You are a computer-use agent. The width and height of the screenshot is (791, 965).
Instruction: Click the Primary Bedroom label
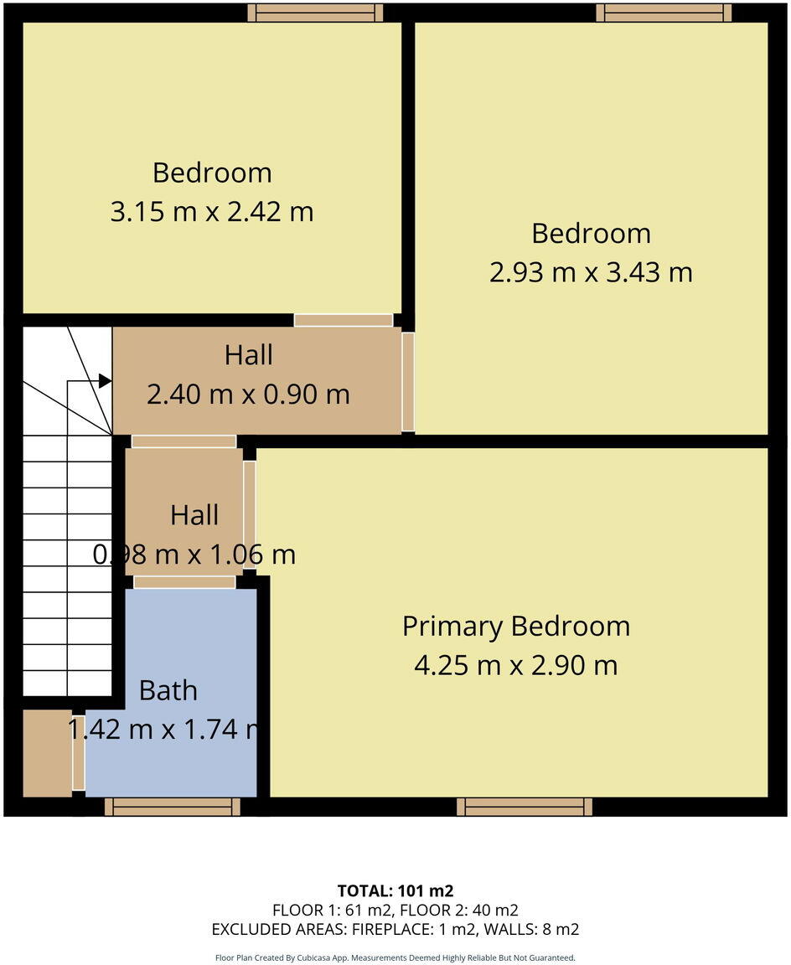tap(515, 627)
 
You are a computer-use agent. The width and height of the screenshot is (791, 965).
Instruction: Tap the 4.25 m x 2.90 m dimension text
tap(515, 666)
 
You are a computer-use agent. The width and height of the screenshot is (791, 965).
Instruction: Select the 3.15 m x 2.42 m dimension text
tap(212, 211)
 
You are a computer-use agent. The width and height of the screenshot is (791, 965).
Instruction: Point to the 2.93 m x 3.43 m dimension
tap(591, 272)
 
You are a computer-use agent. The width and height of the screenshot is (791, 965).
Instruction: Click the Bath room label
tap(168, 691)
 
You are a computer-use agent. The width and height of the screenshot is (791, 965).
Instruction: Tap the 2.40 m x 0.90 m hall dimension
tap(248, 394)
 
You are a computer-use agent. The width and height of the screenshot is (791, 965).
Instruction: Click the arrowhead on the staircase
tap(105, 381)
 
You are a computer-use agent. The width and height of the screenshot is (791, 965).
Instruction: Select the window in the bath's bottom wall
tap(172, 807)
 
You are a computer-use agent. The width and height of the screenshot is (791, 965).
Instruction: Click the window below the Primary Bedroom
tap(525, 807)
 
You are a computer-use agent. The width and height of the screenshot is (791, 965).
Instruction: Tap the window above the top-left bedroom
tap(315, 13)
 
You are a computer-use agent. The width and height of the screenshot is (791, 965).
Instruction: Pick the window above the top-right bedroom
tap(664, 13)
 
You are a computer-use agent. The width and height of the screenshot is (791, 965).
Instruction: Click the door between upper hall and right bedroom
tap(407, 382)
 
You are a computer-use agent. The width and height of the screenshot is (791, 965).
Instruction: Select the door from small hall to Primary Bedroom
tap(249, 515)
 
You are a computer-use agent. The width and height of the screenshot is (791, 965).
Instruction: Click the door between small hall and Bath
tap(184, 582)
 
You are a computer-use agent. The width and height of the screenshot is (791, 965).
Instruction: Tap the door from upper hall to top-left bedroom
tap(343, 320)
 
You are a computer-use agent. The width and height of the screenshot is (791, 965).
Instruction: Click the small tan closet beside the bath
tap(46, 753)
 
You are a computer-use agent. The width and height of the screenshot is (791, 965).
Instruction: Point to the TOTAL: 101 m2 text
tap(395, 890)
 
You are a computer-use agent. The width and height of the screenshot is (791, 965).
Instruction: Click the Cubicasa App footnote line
tap(395, 957)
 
